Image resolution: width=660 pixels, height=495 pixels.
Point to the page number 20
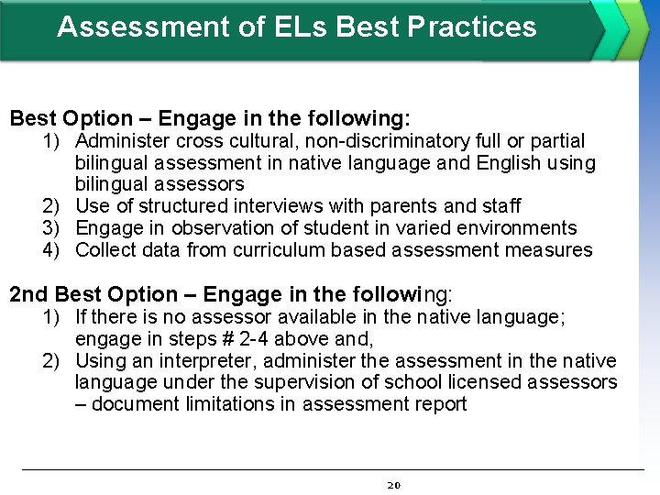click(x=395, y=484)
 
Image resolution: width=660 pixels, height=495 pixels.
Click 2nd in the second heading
click(x=29, y=294)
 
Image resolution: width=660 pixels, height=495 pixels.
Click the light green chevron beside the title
click(x=633, y=29)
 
